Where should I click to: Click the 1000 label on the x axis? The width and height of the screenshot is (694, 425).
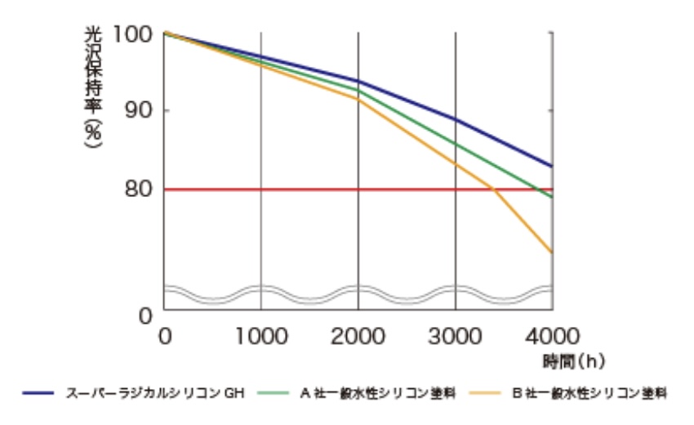260,336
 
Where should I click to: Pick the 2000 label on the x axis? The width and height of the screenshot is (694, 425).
358,336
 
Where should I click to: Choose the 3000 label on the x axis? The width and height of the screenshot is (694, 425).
456,336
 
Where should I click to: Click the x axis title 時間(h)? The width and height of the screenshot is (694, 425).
572,358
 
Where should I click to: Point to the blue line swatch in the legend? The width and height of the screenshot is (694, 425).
38,394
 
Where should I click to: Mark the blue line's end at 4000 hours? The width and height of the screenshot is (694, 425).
553,166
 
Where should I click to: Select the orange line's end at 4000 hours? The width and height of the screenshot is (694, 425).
553,253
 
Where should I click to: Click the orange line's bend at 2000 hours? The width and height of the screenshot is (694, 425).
358,99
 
